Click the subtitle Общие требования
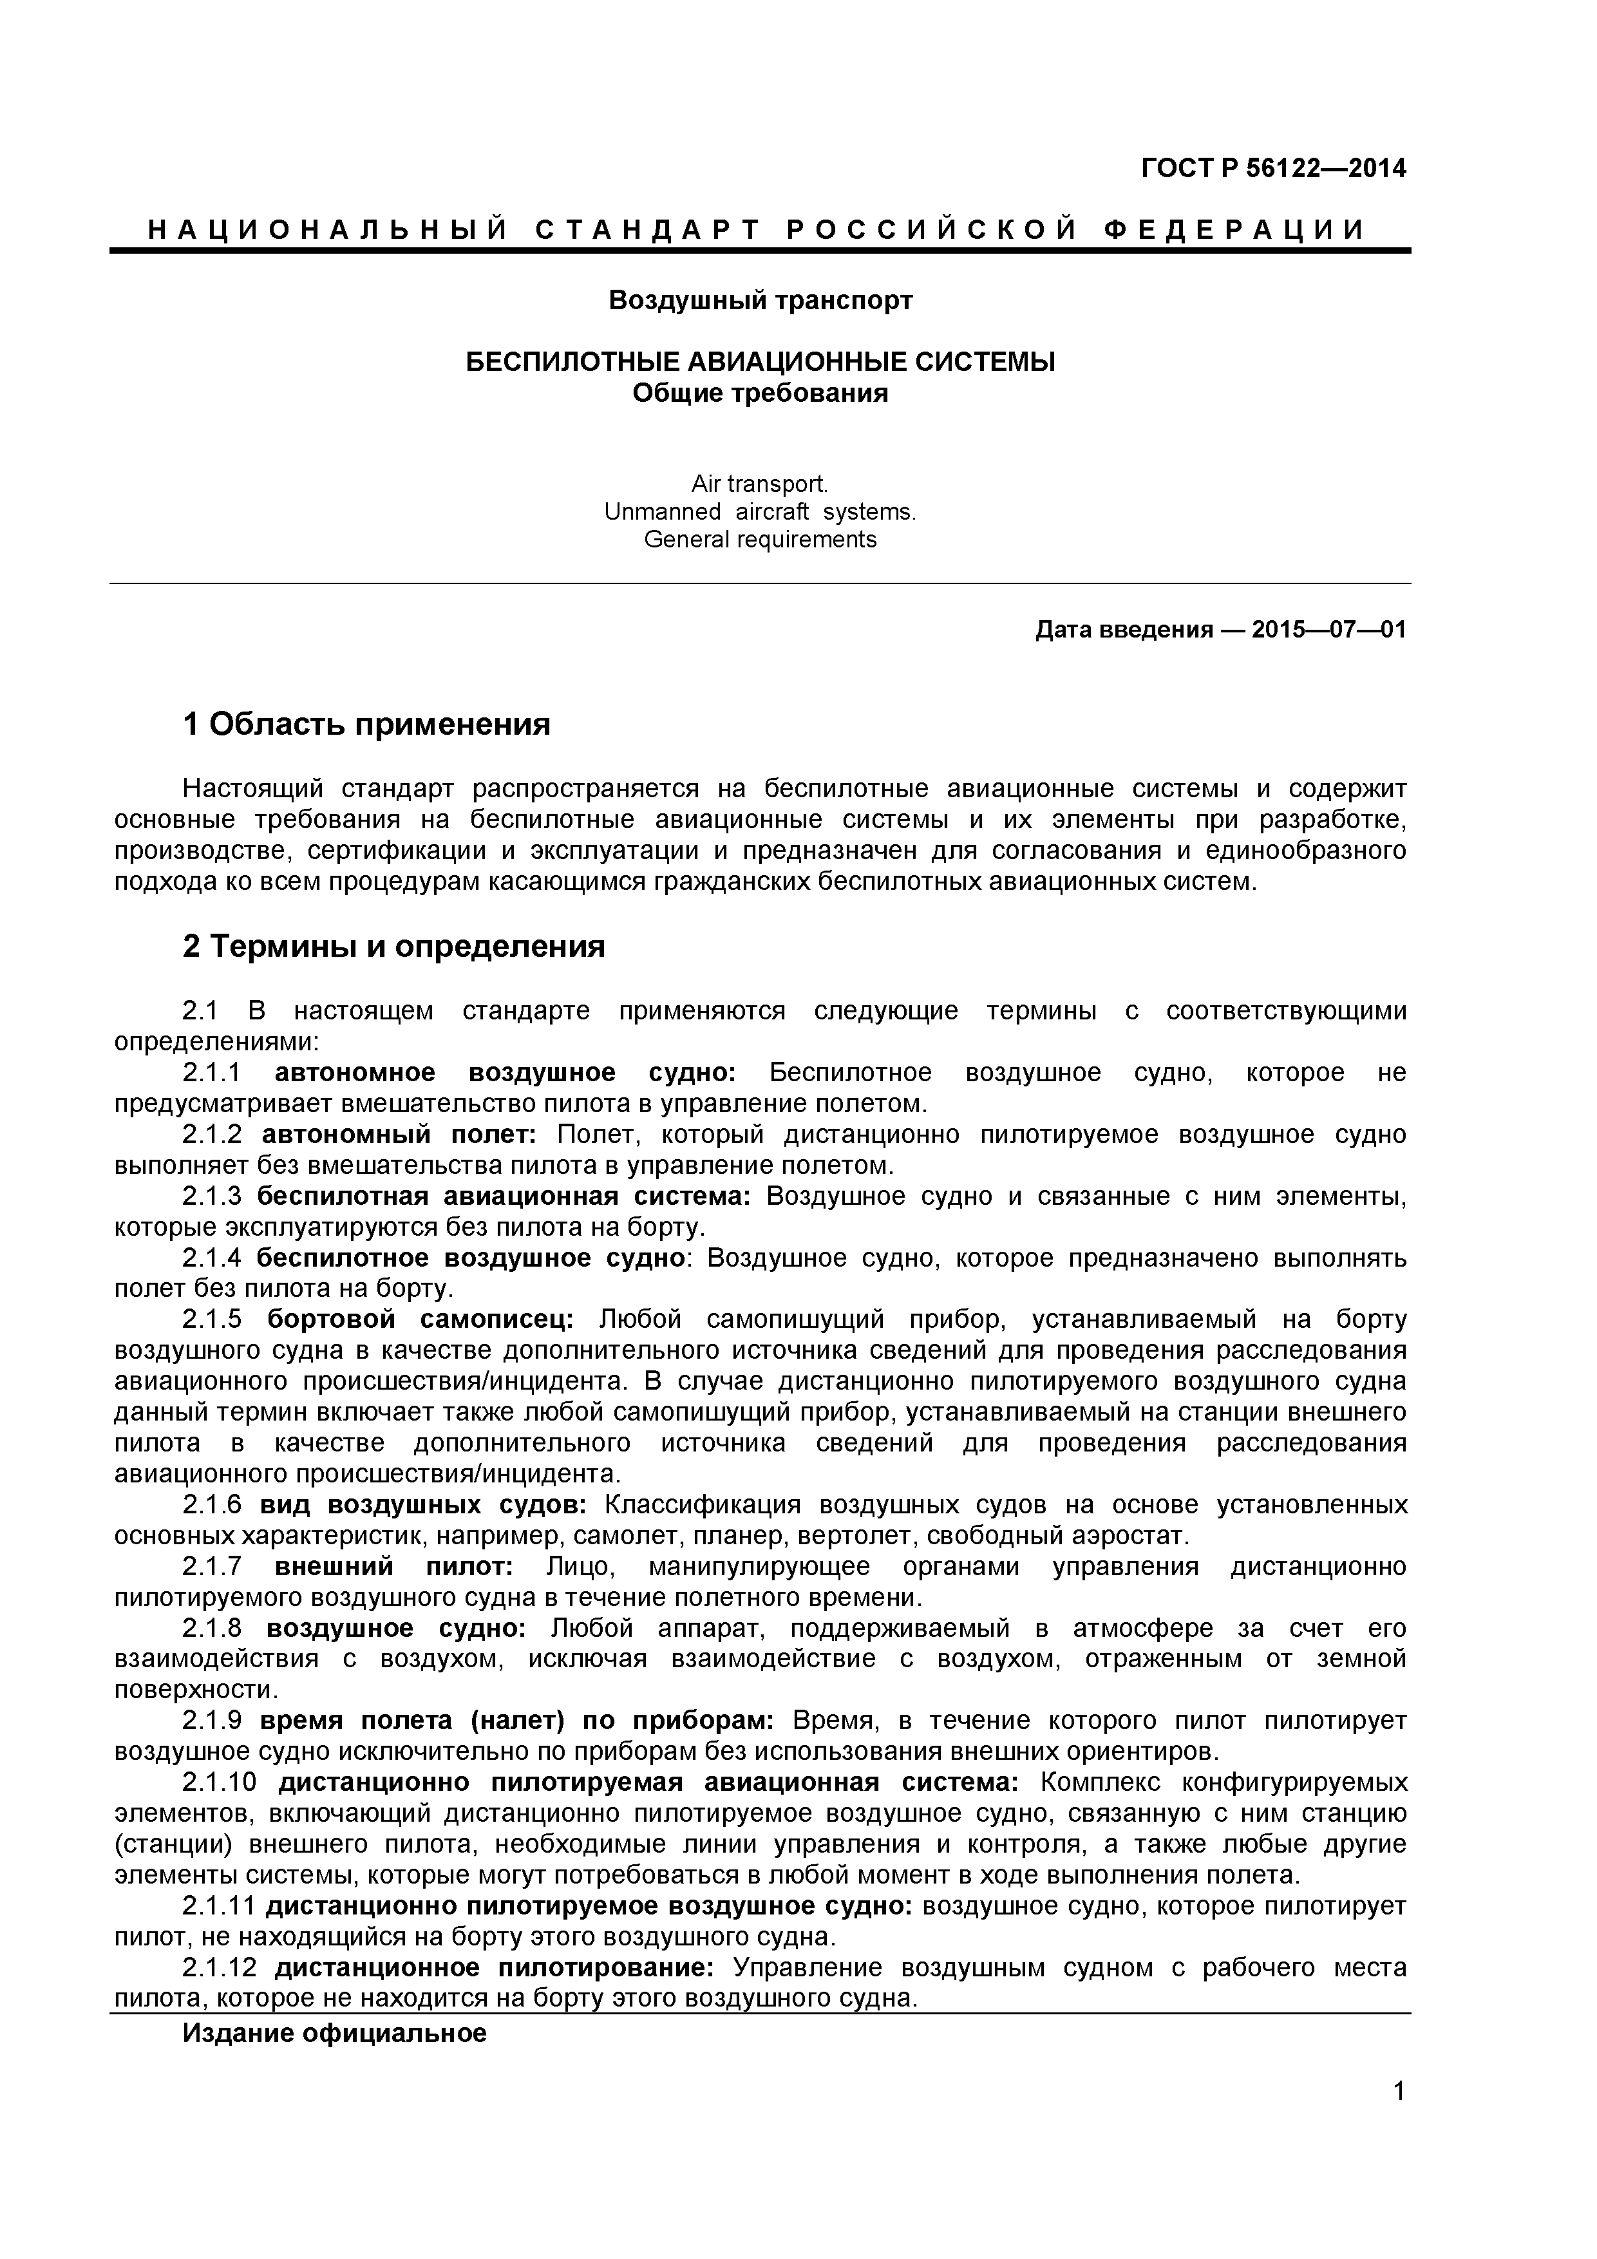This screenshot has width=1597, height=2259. (760, 393)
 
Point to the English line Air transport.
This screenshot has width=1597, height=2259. (760, 484)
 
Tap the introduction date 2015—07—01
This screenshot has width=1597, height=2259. (1328, 630)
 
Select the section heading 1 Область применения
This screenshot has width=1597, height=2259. (366, 725)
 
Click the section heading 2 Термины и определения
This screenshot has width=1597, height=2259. (393, 947)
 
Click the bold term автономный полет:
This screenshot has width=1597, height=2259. (399, 1135)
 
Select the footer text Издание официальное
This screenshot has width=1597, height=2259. (335, 2034)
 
